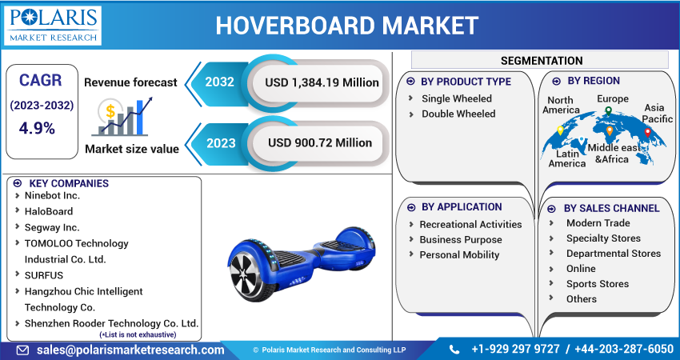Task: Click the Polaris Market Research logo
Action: (53, 26)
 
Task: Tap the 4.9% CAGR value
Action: (37, 128)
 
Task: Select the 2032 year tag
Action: (220, 82)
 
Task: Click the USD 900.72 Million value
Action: (320, 142)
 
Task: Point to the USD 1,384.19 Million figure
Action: (322, 82)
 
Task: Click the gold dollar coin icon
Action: (110, 111)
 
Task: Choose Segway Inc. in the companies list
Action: (52, 227)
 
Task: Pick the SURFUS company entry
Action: (44, 275)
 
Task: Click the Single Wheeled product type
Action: (457, 98)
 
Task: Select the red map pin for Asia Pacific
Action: (647, 133)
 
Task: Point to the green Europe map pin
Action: (609, 111)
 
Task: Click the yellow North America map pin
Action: (560, 130)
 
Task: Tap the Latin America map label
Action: (567, 158)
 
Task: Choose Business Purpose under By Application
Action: (461, 239)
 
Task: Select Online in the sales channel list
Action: (581, 269)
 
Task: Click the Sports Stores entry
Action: (598, 284)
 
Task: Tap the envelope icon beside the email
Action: (22, 350)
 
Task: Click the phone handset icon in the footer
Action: (454, 350)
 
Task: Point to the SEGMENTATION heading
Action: (542, 61)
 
